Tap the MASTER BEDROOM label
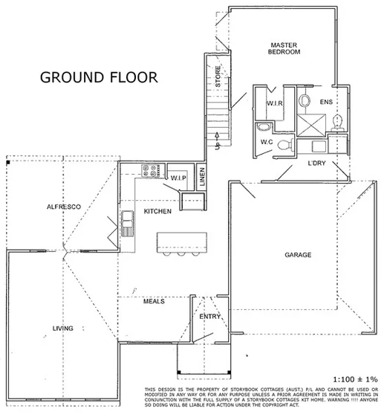click(x=284, y=49)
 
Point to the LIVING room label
click(x=62, y=326)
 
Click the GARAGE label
click(x=298, y=255)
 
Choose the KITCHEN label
click(x=158, y=212)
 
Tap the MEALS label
click(x=153, y=301)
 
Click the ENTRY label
click(x=209, y=317)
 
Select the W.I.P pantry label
click(x=178, y=178)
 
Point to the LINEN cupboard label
click(x=202, y=178)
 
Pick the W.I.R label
click(x=272, y=103)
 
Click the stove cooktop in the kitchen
click(x=150, y=170)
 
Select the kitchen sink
click(x=127, y=222)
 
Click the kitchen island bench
click(x=183, y=242)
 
